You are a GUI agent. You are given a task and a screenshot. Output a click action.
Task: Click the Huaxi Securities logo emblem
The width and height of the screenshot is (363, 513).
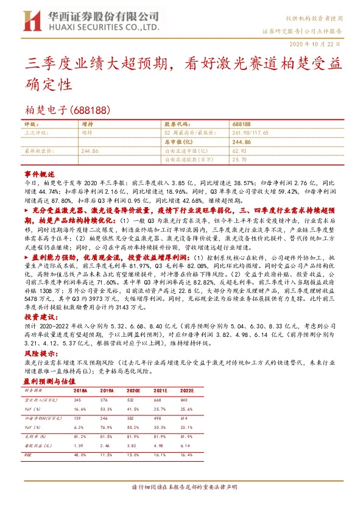[30, 19]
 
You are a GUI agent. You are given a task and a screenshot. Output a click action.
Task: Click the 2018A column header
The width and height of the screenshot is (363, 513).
[80, 391]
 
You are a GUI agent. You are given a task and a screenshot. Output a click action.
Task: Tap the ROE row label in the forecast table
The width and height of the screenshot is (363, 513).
[28, 454]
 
